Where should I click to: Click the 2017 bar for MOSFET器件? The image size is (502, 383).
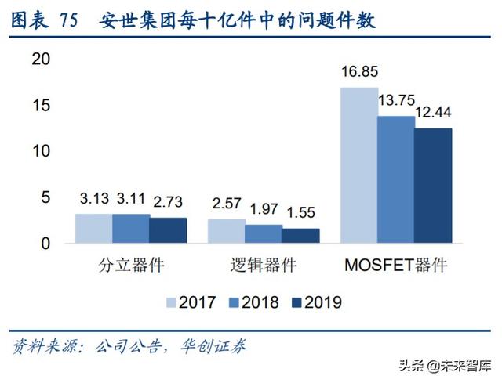[358, 164]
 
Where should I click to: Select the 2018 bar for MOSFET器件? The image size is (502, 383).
[396, 179]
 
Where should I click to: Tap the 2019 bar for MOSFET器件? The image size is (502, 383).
[433, 186]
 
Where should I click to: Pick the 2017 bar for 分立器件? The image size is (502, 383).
[93, 228]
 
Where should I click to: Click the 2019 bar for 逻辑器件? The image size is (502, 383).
[300, 235]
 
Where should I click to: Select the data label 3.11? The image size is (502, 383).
[132, 200]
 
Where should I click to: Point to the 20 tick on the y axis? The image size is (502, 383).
[40, 60]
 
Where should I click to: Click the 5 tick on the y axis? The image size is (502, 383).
[45, 197]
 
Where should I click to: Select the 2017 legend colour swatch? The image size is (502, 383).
[172, 302]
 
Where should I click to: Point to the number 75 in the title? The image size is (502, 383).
[68, 21]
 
